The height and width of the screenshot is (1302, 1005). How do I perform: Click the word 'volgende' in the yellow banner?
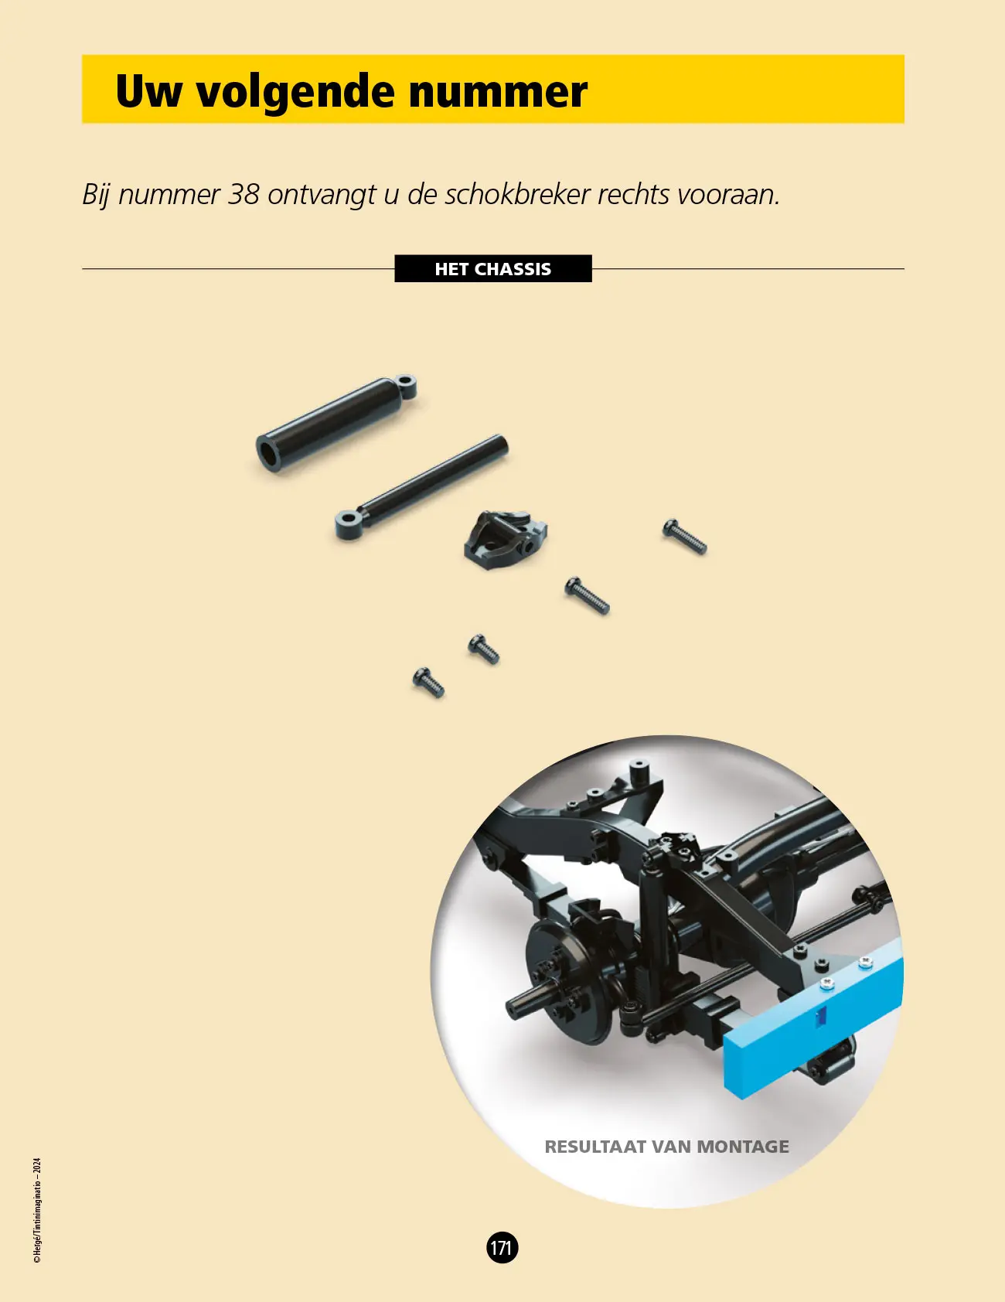coord(296,93)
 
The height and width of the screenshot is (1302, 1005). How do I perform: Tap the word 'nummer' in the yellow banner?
coord(498,92)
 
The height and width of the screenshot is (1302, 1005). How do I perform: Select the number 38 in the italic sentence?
coord(244,194)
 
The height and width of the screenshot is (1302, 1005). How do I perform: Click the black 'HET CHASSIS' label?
coord(493,268)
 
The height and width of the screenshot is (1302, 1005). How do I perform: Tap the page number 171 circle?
coord(502,1247)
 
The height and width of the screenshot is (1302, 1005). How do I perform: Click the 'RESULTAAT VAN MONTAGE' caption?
coord(667,1147)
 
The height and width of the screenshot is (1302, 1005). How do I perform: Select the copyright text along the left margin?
coord(37,1211)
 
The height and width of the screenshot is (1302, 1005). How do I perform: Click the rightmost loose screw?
coord(684,537)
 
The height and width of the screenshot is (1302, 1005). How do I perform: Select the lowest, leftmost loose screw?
coord(428,683)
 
